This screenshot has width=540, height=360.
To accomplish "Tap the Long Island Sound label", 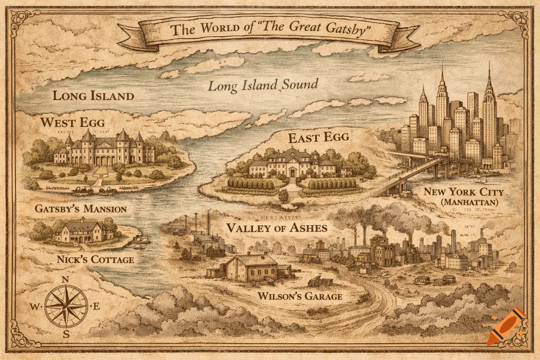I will tap(263, 85).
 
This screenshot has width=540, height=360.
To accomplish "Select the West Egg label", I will tap(72, 123).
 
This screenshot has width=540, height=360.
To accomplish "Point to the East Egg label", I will tap(319, 137).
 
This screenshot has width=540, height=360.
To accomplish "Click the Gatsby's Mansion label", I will tap(81, 209).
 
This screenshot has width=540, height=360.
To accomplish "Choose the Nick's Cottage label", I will tap(95, 260).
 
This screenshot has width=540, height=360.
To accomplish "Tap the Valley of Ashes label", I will tap(277, 228).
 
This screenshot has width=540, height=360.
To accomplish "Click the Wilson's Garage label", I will tap(300, 296).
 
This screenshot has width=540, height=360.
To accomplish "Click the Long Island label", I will tap(93, 96).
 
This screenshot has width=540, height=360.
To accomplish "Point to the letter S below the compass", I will tap(66, 334).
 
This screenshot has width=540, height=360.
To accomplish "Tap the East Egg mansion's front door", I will tap(292, 173).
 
